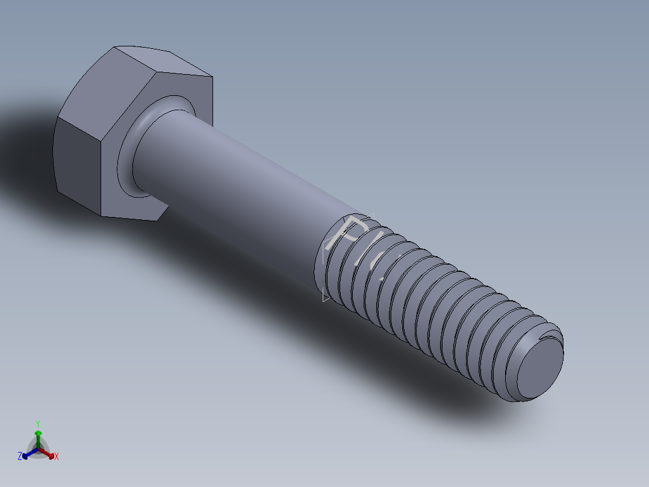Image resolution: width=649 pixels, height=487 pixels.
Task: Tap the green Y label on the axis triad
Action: coord(38,423)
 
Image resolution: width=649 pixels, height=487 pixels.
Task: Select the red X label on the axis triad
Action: coord(57,457)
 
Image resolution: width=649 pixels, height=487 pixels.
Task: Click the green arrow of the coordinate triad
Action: coord(38,436)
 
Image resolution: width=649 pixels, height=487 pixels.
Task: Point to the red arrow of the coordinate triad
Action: coord(49,453)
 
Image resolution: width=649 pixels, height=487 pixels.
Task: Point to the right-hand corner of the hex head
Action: coord(213,77)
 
